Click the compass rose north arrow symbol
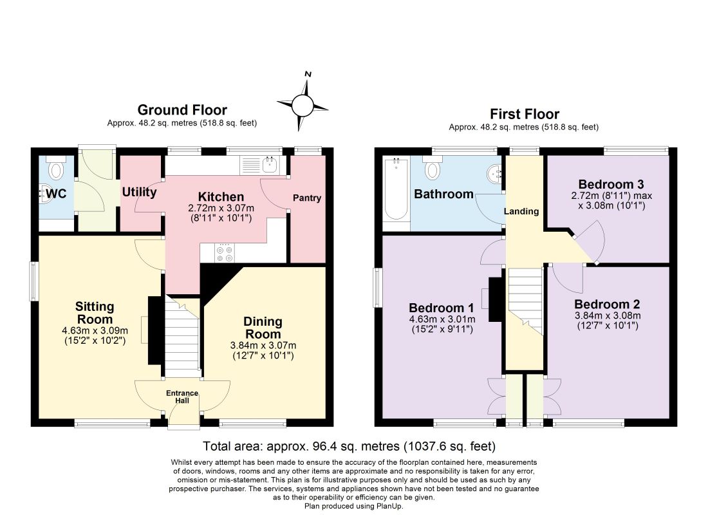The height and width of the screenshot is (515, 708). click(x=303, y=106)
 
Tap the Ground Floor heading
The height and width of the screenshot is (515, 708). click(x=182, y=110)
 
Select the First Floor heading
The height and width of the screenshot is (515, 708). click(x=524, y=114)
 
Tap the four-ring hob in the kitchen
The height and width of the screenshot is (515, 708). click(x=225, y=254)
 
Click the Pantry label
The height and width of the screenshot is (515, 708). click(x=306, y=198)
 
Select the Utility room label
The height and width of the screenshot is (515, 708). click(x=139, y=192)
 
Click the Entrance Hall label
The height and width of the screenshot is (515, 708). click(x=182, y=397)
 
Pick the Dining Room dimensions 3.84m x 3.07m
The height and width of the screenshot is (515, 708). click(x=263, y=346)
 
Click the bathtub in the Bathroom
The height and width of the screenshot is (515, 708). click(x=396, y=189)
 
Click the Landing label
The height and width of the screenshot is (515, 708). click(x=521, y=211)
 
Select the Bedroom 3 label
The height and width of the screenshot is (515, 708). click(x=611, y=184)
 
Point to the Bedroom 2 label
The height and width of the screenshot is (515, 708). click(x=608, y=304)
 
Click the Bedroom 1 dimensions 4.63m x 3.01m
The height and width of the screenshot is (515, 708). click(x=442, y=319)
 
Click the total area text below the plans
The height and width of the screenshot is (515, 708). click(x=349, y=446)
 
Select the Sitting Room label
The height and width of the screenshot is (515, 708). click(x=95, y=313)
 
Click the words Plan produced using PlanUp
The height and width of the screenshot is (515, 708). click(x=353, y=506)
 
